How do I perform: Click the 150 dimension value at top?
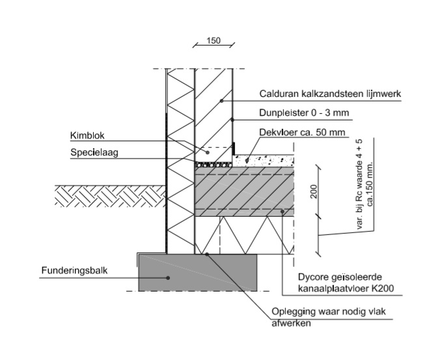coord(213,40)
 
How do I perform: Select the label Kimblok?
coord(88,137)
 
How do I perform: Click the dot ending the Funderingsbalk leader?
coord(168,277)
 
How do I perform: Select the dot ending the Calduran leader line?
coord(221,100)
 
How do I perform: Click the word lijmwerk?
coord(382,94)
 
